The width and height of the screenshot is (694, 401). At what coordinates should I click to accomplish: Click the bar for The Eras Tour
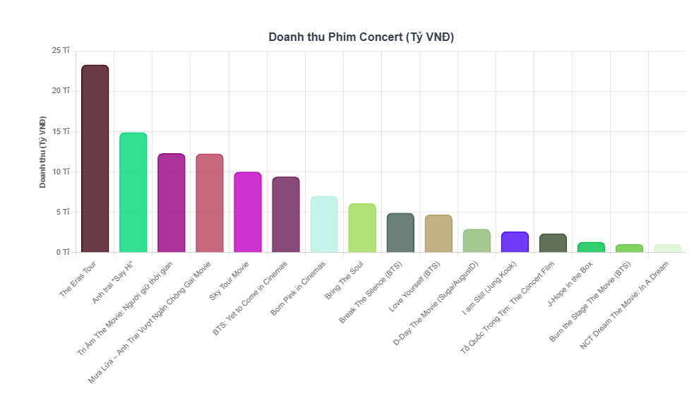pos(95,159)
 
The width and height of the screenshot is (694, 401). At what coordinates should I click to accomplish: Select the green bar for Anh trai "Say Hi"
pos(133,192)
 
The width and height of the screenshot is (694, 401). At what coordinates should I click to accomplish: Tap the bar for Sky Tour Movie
pos(247,212)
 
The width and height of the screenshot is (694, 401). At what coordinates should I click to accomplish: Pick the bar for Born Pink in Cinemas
pos(324,225)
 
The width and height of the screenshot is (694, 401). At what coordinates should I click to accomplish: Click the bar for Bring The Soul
pos(362,228)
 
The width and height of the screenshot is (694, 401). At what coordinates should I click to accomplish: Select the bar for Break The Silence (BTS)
pos(400,233)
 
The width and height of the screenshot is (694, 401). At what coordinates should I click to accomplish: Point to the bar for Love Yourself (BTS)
pos(438,234)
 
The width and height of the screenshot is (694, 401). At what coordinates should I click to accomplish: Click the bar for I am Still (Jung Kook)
pos(515,242)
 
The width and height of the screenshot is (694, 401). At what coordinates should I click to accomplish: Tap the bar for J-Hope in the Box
pos(591,247)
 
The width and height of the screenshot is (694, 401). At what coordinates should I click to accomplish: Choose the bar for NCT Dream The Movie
pos(667,249)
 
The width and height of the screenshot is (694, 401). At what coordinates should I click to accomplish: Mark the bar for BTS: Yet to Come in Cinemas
pos(286,215)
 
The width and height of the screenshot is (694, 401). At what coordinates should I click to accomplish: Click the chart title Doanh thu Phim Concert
pos(361,37)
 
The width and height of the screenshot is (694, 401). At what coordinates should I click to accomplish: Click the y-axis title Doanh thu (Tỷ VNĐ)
pos(43,151)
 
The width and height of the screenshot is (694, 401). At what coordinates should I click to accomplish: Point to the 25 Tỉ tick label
pos(61,51)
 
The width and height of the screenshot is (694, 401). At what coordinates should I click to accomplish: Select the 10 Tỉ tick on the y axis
pos(61,172)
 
